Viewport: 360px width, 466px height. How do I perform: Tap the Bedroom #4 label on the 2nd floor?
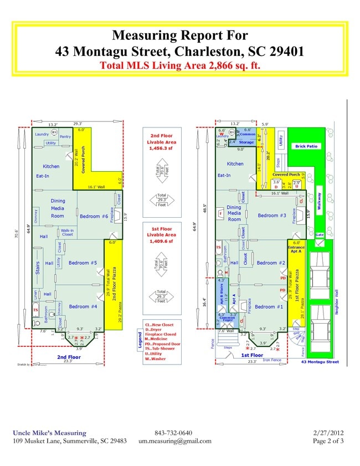click(x=83, y=306)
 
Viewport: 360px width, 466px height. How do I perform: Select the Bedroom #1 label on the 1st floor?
click(x=269, y=306)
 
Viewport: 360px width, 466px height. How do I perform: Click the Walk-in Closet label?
click(x=68, y=232)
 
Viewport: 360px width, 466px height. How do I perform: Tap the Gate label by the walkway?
click(x=319, y=234)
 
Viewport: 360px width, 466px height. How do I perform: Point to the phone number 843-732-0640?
click(x=173, y=433)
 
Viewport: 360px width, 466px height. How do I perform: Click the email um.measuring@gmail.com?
click(x=175, y=441)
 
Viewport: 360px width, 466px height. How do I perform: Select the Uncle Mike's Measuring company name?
click(x=49, y=433)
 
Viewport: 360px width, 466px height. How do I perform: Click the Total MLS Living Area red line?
click(x=179, y=65)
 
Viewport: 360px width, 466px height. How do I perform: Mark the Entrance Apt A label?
click(x=296, y=249)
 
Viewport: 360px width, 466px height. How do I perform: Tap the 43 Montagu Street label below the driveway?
click(x=320, y=362)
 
